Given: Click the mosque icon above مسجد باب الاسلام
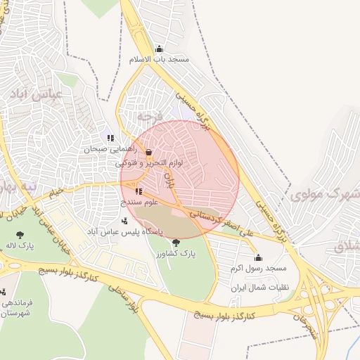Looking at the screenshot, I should click(159, 49).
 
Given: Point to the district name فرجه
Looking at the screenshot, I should click(150, 115).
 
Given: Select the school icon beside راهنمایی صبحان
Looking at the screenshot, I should click(110, 138).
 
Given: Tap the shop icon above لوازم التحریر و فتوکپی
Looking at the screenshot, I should click(148, 152).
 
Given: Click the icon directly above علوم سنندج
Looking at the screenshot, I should click(139, 191).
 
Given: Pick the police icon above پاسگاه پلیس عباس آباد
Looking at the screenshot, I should click(124, 221).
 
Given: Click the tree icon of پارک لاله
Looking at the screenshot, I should click(19, 235).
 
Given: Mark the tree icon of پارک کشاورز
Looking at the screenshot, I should click(176, 242).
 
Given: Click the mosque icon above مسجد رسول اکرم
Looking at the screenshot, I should click(258, 258).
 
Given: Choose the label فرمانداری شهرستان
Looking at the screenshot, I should click(15, 307).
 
